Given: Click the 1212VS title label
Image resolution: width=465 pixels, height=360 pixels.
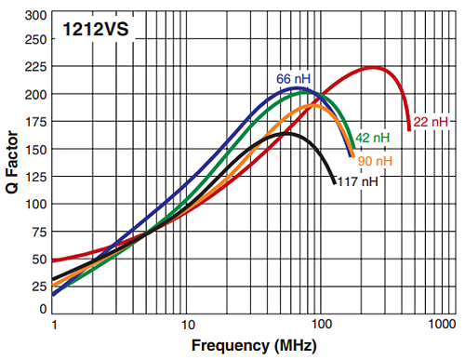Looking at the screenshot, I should [x=97, y=30].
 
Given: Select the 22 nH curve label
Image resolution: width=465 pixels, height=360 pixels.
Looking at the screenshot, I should [x=432, y=122].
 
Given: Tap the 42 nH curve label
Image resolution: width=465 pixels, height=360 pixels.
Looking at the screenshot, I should [x=372, y=138].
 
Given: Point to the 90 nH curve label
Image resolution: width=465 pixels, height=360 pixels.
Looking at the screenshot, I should [x=375, y=161].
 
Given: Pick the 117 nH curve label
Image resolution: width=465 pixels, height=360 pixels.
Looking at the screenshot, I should [x=358, y=181].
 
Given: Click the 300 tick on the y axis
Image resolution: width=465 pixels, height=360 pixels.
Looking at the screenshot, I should [x=35, y=16].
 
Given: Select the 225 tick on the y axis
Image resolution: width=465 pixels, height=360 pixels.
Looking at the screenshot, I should [x=35, y=67].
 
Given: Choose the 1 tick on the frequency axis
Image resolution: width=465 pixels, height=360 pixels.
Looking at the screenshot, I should [x=55, y=324].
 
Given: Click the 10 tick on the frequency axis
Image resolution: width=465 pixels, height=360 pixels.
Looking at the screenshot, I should [x=187, y=324].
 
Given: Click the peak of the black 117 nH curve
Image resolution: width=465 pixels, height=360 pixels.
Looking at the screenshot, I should [x=286, y=133].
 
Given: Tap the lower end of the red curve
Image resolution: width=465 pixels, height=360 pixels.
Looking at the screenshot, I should [x=408, y=129].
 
